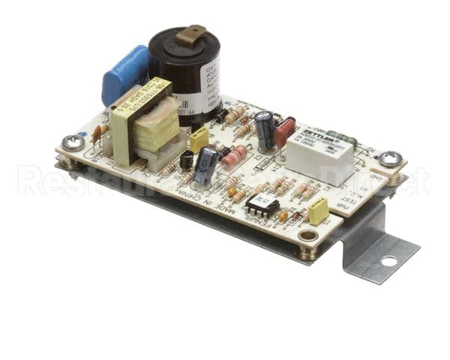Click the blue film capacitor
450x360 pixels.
[124, 74]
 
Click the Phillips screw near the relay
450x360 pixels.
[390, 158]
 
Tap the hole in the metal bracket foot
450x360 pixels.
[388, 262]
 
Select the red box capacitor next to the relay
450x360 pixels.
[285, 133]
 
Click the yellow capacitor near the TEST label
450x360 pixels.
[319, 212]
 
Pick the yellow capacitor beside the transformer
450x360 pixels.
[199, 139]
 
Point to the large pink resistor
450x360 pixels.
[234, 156]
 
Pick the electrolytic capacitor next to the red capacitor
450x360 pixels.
[264, 128]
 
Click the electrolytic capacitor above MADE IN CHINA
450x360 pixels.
[206, 165]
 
